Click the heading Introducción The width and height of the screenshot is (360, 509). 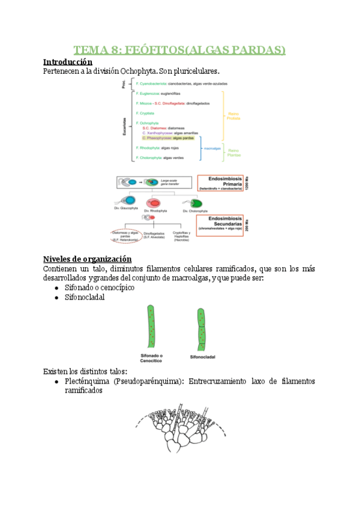68,61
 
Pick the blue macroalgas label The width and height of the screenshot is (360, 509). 212,147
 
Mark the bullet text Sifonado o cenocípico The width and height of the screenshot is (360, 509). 99,288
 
